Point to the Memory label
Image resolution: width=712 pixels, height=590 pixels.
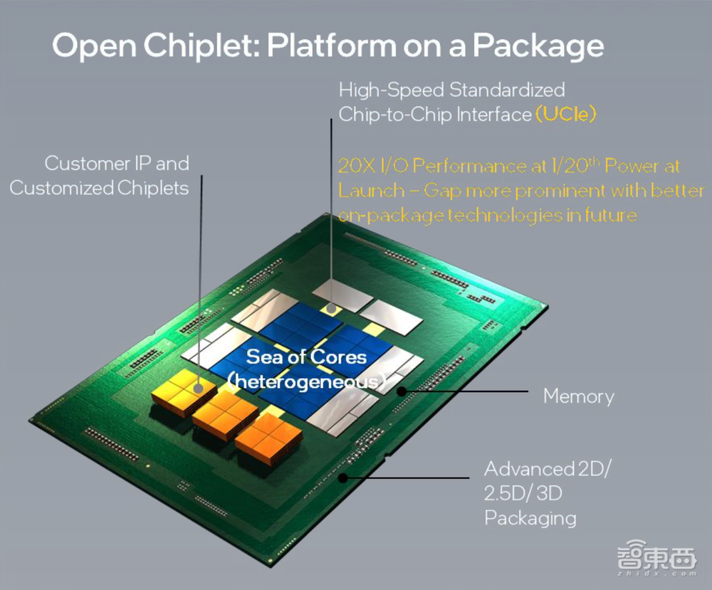[x=578, y=396]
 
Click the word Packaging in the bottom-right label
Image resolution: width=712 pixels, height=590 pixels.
[x=530, y=517]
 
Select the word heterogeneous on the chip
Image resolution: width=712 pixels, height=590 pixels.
[x=308, y=381]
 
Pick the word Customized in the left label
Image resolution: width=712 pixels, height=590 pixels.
[x=61, y=188]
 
